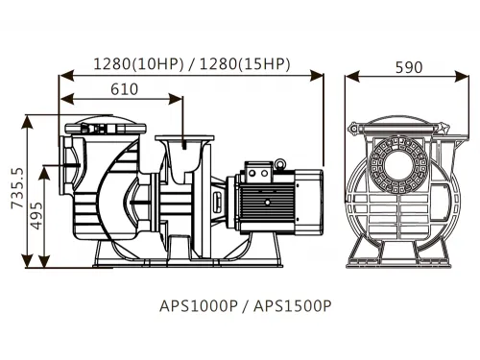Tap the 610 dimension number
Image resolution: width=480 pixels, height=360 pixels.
click(x=123, y=88)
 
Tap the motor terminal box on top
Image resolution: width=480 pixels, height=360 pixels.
click(x=260, y=172)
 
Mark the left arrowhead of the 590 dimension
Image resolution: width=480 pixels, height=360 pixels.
click(x=349, y=74)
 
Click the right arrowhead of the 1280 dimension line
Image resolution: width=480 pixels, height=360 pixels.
click(x=321, y=74)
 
